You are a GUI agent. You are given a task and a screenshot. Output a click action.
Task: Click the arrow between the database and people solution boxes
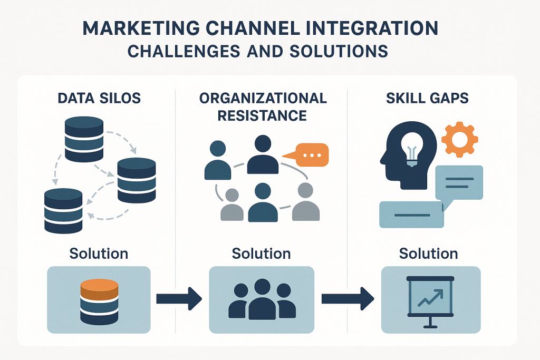click(179, 299)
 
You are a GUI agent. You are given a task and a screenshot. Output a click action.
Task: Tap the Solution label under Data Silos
click(99, 254)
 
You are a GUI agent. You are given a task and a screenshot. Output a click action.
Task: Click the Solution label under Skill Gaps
click(428, 254)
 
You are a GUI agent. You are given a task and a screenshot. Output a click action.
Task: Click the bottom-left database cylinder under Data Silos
click(63, 210)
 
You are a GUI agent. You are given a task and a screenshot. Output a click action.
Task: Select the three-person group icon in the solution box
click(262, 299)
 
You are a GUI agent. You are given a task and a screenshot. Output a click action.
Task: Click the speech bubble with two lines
click(458, 183)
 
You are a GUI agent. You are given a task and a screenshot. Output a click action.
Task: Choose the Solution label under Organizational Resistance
click(262, 254)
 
